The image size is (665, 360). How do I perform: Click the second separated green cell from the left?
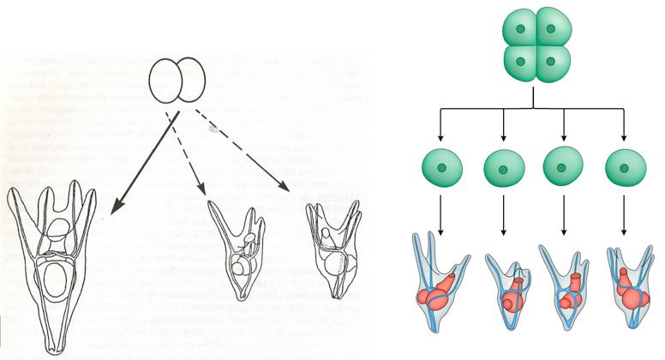pyautogui.click(x=504, y=168)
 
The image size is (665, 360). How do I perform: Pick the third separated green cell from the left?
pyautogui.click(x=564, y=168)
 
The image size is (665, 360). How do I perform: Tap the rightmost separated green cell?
pyautogui.click(x=623, y=168)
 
